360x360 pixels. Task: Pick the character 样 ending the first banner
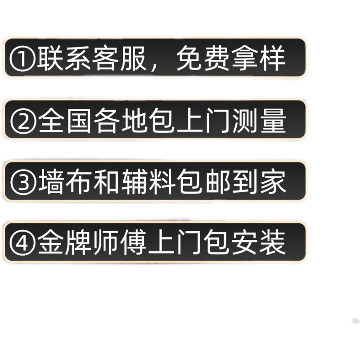pos(272,58)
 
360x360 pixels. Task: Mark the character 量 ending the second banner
pos(272,121)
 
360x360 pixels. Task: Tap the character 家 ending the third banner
pos(272,182)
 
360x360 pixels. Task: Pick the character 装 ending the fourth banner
pos(272,243)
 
